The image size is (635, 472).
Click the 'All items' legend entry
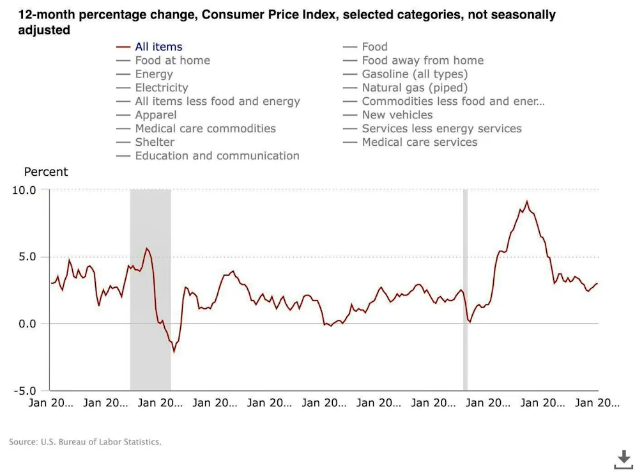click(x=158, y=47)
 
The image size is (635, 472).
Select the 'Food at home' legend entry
click(x=172, y=60)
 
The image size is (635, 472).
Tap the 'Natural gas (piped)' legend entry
click(x=415, y=88)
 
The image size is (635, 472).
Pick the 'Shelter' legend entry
click(x=155, y=142)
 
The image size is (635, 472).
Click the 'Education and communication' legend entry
click(x=217, y=155)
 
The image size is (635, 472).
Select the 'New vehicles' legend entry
click(x=397, y=115)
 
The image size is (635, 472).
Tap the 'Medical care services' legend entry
click(x=419, y=142)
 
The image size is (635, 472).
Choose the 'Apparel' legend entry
click(x=155, y=115)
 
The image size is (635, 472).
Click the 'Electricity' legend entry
click(x=161, y=88)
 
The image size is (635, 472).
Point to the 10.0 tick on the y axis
click(x=24, y=190)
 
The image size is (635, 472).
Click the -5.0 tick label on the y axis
click(x=24, y=390)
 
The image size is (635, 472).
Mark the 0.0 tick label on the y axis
click(x=26, y=324)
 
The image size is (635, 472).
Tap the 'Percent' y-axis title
click(x=45, y=172)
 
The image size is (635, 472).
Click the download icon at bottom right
click(x=623, y=459)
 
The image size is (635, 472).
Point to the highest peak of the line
click(x=527, y=201)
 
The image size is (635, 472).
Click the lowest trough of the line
click(x=174, y=351)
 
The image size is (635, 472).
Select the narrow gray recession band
click(x=465, y=290)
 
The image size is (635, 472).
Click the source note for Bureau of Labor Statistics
click(x=85, y=442)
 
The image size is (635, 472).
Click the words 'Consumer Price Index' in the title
click(x=268, y=15)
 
